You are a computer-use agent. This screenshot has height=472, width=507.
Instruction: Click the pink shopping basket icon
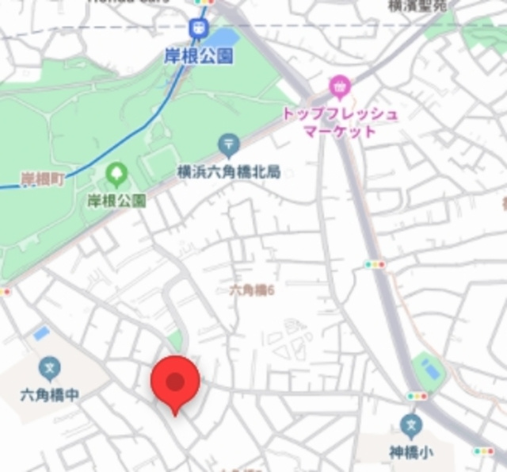tap(340, 86)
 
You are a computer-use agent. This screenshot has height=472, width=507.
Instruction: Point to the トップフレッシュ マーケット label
tap(340, 122)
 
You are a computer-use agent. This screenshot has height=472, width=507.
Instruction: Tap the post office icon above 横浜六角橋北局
tap(229, 145)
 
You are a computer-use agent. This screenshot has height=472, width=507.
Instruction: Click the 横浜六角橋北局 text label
tap(230, 172)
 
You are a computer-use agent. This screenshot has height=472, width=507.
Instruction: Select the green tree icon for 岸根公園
tap(116, 173)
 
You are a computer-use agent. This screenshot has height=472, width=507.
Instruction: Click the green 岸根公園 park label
tap(116, 200)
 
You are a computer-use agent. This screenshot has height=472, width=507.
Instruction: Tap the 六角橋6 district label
tap(252, 291)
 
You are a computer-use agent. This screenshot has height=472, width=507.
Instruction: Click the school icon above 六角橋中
tap(49, 368)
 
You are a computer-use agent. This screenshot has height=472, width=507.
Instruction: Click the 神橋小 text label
tap(410, 453)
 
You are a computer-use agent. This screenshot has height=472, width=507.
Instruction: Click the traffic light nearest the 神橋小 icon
tap(417, 396)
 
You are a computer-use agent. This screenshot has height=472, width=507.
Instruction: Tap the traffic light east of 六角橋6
tap(374, 264)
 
